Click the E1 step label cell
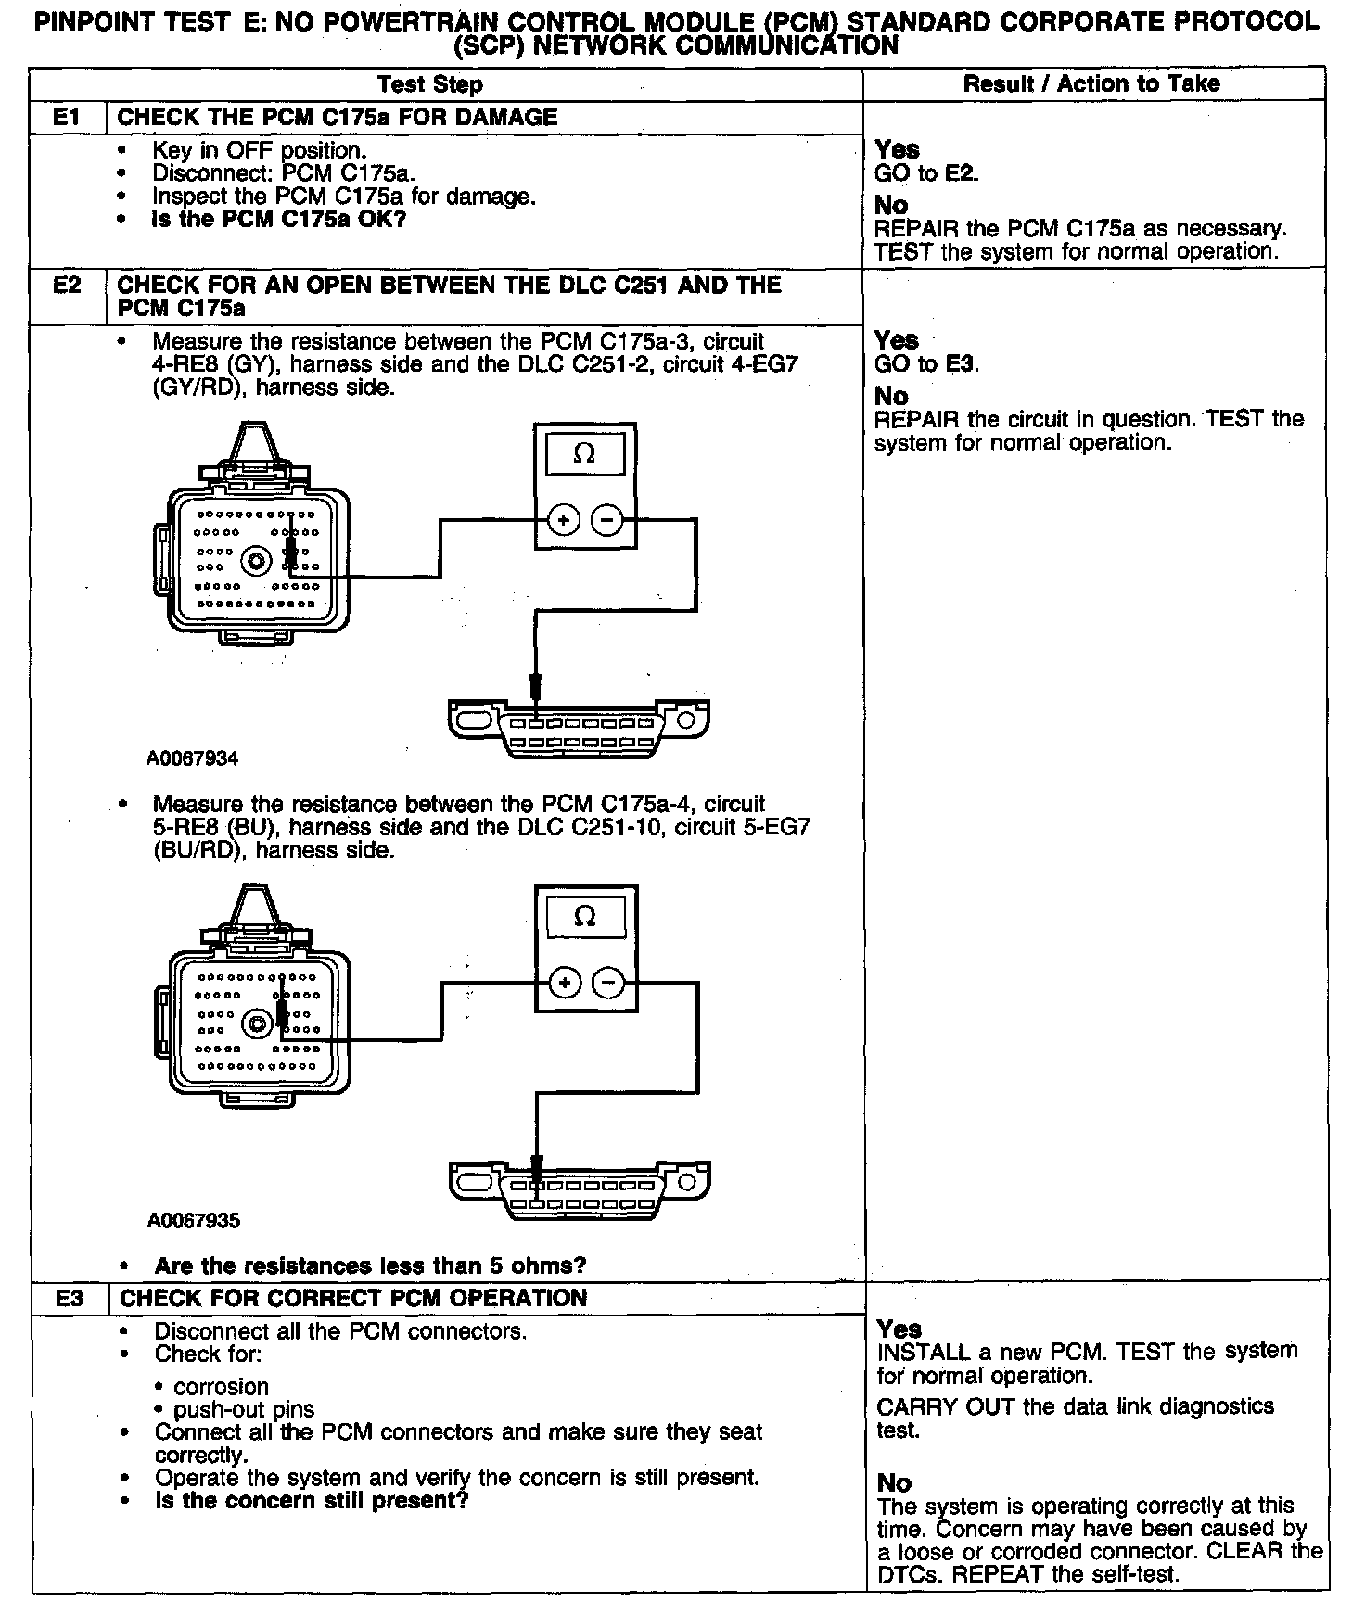68,118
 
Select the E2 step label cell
68,286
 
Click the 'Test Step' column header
430,84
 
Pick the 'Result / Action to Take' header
1091,83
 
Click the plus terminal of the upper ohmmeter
563,520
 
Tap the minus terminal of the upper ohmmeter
607,520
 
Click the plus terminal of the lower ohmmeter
565,983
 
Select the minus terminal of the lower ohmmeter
608,983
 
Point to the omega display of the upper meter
584,454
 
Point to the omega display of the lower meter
585,916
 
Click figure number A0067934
193,758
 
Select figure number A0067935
193,1220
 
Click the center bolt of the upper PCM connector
255,561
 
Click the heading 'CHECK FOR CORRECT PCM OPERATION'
353,1298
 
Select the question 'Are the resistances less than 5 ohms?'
370,1265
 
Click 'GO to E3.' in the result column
926,364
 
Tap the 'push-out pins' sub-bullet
244,1410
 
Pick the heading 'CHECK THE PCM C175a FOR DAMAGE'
338,118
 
